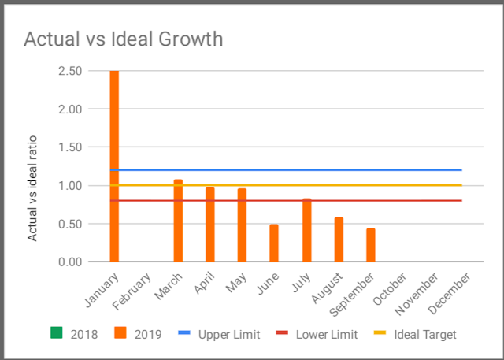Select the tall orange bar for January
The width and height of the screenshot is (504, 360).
click(114, 165)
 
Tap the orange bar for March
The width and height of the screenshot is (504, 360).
click(178, 221)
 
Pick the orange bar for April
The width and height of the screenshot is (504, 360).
click(209, 225)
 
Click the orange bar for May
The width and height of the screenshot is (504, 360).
click(242, 225)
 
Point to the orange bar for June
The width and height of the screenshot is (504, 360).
click(274, 243)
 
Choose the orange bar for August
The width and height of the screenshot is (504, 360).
click(339, 239)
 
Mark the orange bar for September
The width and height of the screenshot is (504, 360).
click(370, 245)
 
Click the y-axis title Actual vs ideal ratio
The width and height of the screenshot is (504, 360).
click(32, 187)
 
